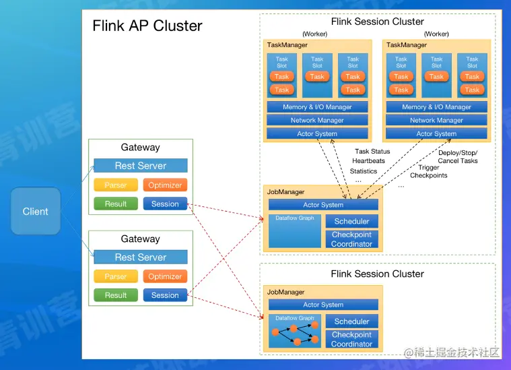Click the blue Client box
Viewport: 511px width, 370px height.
tap(36, 211)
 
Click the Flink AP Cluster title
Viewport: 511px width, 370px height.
tap(147, 26)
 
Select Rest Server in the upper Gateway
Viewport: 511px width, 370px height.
tap(140, 166)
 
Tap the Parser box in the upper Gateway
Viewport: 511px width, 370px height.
tap(115, 185)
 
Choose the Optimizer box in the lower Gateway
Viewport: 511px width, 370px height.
tap(165, 276)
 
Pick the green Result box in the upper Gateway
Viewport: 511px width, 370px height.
tap(115, 204)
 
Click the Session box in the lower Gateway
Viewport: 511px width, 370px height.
tap(165, 295)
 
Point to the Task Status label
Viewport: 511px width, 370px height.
tap(372, 152)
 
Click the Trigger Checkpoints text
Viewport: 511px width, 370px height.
tap(429, 171)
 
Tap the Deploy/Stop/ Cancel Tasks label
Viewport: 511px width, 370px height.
tap(458, 157)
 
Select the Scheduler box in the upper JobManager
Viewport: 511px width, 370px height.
tap(351, 221)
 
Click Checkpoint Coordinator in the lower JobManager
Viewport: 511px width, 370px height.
tap(351, 339)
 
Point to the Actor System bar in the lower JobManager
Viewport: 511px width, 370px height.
tap(323, 305)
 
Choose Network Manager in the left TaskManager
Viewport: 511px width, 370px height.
tap(317, 120)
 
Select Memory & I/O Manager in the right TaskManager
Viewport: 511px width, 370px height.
tap(436, 106)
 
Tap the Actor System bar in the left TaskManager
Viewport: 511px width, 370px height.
tap(317, 133)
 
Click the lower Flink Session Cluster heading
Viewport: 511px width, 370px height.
tap(377, 274)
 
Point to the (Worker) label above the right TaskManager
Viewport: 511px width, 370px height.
tap(436, 34)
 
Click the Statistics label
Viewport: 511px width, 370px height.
tap(364, 171)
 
